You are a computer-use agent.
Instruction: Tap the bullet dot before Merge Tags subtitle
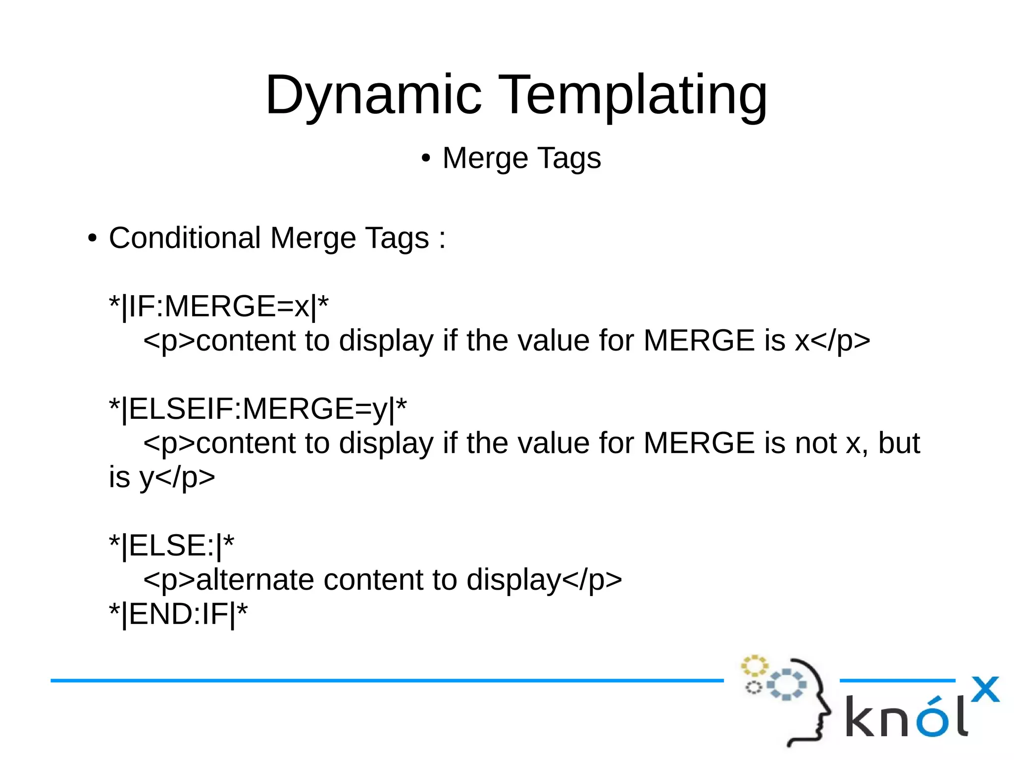425,159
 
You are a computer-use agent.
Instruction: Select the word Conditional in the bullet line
185,238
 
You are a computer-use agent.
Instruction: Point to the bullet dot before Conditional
92,239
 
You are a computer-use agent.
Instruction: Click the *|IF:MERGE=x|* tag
218,306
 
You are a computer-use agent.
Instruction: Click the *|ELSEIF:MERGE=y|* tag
257,409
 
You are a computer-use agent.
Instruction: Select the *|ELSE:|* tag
171,546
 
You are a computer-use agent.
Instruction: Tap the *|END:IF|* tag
178,614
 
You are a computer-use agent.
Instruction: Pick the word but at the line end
899,443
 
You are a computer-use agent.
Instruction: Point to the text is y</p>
162,477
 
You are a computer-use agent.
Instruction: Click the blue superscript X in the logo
985,690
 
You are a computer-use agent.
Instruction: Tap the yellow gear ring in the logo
754,666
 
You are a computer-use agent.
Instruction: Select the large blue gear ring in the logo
786,685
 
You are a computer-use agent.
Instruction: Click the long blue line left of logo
386,681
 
